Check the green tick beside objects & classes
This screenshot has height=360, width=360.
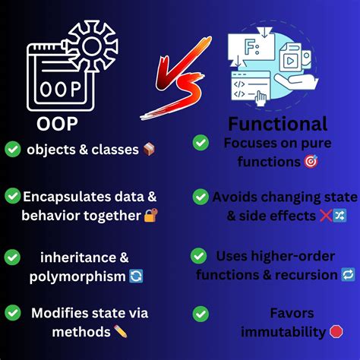point(13,150)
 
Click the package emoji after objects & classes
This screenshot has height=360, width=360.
point(149,150)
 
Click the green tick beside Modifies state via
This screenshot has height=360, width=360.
point(13,311)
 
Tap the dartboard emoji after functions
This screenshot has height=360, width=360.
point(310,161)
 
